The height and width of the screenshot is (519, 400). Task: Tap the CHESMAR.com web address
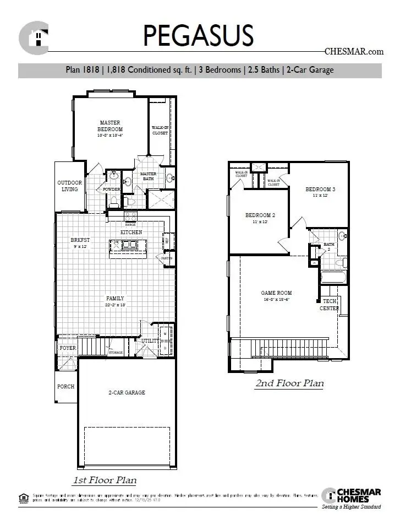click(354, 52)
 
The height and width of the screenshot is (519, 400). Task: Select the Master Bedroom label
click(110, 126)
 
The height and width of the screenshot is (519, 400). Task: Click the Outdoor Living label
click(70, 186)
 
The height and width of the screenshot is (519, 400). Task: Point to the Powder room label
click(111, 190)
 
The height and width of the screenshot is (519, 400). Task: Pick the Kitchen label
click(131, 233)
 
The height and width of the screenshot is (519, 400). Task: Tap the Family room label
click(115, 298)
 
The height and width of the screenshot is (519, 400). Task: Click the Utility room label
click(150, 341)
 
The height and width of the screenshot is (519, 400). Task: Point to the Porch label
click(66, 386)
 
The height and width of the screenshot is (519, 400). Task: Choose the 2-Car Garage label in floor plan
click(127, 392)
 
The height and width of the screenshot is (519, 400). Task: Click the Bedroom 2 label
click(260, 215)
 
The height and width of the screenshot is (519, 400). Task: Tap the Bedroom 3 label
click(320, 190)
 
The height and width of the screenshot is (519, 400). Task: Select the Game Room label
click(276, 293)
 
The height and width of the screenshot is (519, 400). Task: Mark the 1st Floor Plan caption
click(105, 479)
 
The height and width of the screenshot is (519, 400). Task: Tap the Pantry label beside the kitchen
click(166, 257)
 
